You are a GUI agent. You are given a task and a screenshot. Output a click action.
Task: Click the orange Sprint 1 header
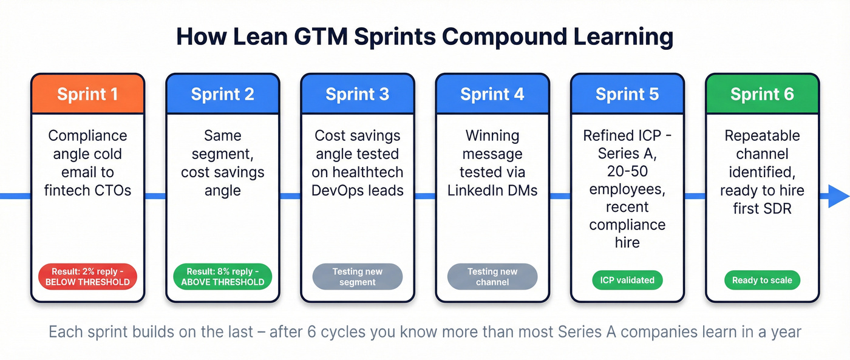pyautogui.click(x=87, y=94)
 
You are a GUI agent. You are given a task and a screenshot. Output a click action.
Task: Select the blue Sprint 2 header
pyautogui.click(x=222, y=94)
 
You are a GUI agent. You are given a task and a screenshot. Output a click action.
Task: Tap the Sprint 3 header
pyautogui.click(x=357, y=94)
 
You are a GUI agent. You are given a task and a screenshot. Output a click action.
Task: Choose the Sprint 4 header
pyautogui.click(x=492, y=94)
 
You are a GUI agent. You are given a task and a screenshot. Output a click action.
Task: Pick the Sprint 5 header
pyautogui.click(x=627, y=94)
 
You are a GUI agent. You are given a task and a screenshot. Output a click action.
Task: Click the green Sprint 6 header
pyautogui.click(x=762, y=94)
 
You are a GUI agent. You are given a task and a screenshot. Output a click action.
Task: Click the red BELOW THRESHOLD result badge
pyautogui.click(x=87, y=276)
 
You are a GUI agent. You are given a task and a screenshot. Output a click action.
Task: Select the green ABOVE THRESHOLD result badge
pyautogui.click(x=222, y=276)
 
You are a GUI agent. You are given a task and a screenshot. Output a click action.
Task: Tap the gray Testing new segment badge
pyautogui.click(x=357, y=276)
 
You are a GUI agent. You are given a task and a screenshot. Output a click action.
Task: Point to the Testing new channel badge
pyautogui.click(x=492, y=276)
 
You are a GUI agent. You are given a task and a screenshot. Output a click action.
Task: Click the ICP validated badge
pyautogui.click(x=627, y=280)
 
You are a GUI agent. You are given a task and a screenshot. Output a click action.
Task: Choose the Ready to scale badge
pyautogui.click(x=762, y=280)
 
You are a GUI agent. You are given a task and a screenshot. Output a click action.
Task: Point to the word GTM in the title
pyautogui.click(x=315, y=36)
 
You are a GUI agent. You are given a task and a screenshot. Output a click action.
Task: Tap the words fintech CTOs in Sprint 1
pyautogui.click(x=87, y=190)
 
